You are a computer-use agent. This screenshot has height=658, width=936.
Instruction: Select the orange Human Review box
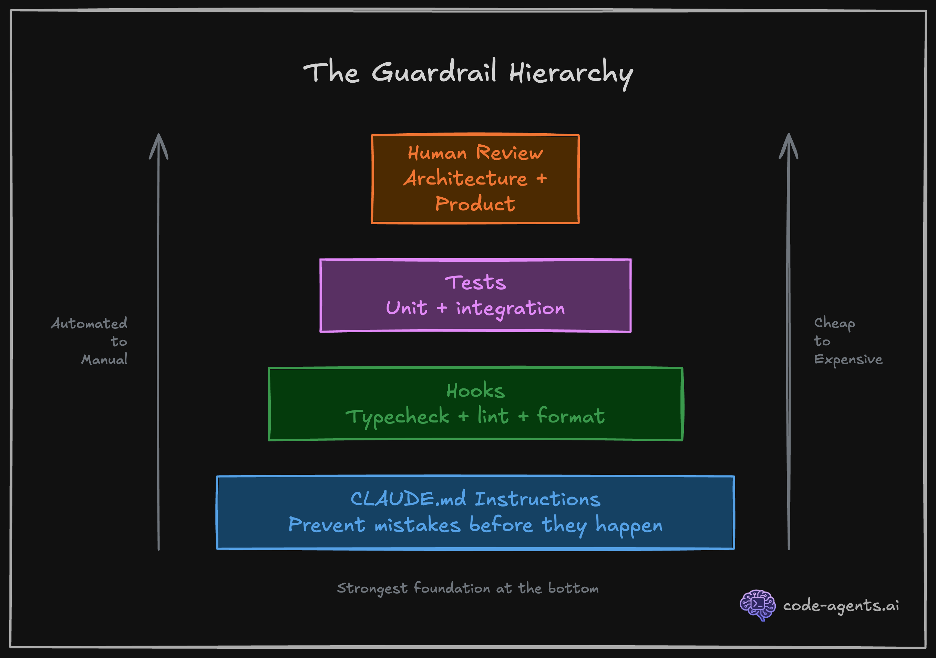(x=475, y=178)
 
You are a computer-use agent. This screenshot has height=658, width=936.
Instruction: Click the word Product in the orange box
(x=475, y=204)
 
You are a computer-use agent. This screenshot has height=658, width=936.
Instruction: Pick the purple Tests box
(x=475, y=295)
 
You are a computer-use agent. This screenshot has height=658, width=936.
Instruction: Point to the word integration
(x=511, y=309)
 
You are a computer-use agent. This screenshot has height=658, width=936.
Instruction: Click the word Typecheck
(x=397, y=417)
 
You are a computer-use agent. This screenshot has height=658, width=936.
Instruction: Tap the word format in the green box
(x=571, y=416)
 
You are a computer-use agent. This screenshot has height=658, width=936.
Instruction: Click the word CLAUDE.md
(x=408, y=499)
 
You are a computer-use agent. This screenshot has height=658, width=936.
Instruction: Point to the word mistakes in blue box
(x=418, y=525)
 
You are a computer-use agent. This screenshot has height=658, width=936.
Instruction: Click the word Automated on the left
(x=89, y=324)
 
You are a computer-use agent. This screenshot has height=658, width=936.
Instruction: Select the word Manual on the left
(x=104, y=360)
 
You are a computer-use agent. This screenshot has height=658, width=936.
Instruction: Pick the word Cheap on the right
(x=834, y=323)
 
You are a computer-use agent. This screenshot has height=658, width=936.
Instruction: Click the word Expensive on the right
(x=848, y=360)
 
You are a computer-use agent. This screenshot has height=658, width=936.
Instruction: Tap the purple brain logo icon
(x=758, y=605)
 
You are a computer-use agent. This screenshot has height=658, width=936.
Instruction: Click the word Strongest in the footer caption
(x=372, y=589)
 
